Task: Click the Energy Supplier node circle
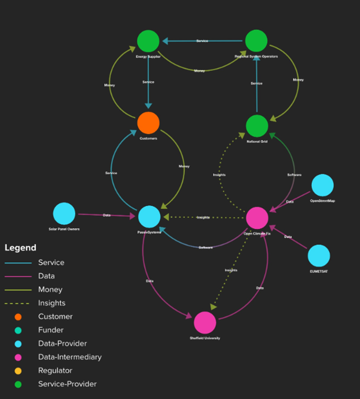tap(148, 41)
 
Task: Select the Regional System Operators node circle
tap(256, 41)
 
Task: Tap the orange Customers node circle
tap(148, 123)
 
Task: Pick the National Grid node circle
tap(257, 126)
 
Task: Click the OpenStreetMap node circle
tap(323, 185)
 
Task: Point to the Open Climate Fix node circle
tap(257, 218)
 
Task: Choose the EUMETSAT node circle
tap(319, 256)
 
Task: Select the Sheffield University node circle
tap(205, 323)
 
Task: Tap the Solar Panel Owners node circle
tap(64, 214)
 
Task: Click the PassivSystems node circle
tap(149, 217)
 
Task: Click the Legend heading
tap(20, 248)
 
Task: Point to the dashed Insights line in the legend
tap(17, 303)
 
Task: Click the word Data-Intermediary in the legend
tap(69, 357)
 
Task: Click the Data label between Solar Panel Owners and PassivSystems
tap(107, 215)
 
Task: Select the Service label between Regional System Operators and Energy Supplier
tap(202, 41)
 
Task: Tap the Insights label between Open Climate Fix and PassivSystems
tap(203, 217)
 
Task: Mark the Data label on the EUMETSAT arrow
tap(287, 237)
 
